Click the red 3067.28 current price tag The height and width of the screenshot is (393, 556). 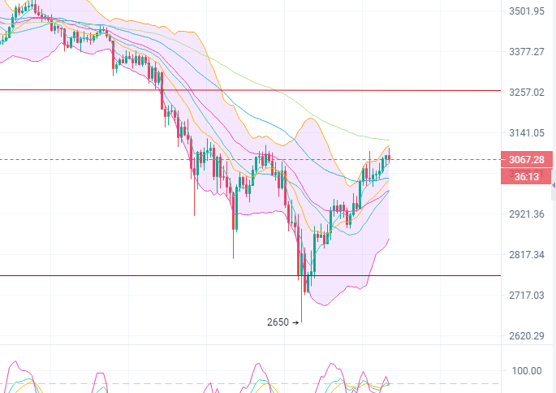tap(528, 159)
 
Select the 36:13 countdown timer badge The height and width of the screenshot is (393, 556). tap(528, 175)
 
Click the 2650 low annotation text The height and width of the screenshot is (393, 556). tap(278, 322)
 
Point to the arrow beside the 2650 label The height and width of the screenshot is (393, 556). tap(295, 322)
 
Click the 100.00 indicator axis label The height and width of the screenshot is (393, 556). tap(526, 371)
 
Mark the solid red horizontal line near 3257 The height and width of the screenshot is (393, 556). tap(244, 90)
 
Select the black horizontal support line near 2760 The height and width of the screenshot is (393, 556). tap(162, 275)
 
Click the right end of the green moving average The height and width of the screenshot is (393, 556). tap(389, 140)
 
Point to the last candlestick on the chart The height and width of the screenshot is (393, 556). tap(390, 158)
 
